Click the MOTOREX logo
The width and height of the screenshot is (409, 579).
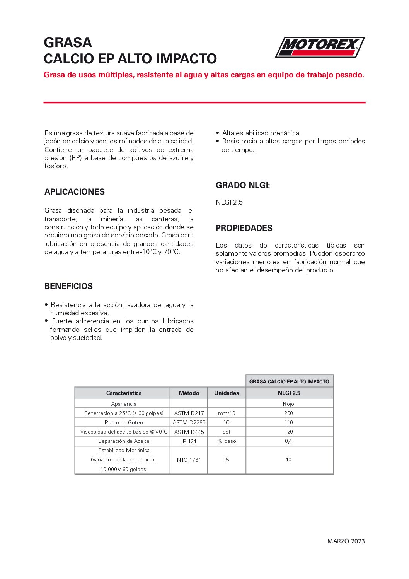pos(320,47)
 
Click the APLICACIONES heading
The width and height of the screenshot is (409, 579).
pos(75,192)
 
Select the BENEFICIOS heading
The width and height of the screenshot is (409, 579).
pos(68,286)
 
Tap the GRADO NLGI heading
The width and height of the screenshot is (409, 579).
pos(243,185)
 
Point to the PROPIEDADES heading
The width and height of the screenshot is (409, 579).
pos(244,228)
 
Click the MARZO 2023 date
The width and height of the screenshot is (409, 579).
pos(346,541)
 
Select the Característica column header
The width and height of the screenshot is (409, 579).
pos(124,393)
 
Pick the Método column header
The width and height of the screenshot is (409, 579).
pos(189,393)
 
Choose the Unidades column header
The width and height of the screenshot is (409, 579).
pos(227,393)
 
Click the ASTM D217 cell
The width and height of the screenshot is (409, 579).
pos(189,413)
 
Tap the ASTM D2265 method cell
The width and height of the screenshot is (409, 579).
pos(189,422)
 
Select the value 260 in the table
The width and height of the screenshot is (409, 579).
pos(288,413)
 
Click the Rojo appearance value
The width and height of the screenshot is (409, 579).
pos(288,404)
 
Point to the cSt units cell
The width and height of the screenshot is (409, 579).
pos(227,432)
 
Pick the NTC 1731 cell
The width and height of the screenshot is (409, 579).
pos(189,460)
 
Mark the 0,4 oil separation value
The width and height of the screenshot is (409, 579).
pos(288,441)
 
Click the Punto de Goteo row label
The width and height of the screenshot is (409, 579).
pos(124,422)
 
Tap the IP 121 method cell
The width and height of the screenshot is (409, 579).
pos(189,441)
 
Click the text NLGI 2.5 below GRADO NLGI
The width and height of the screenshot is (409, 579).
pos(229,202)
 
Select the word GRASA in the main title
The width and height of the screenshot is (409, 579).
pos(68,42)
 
